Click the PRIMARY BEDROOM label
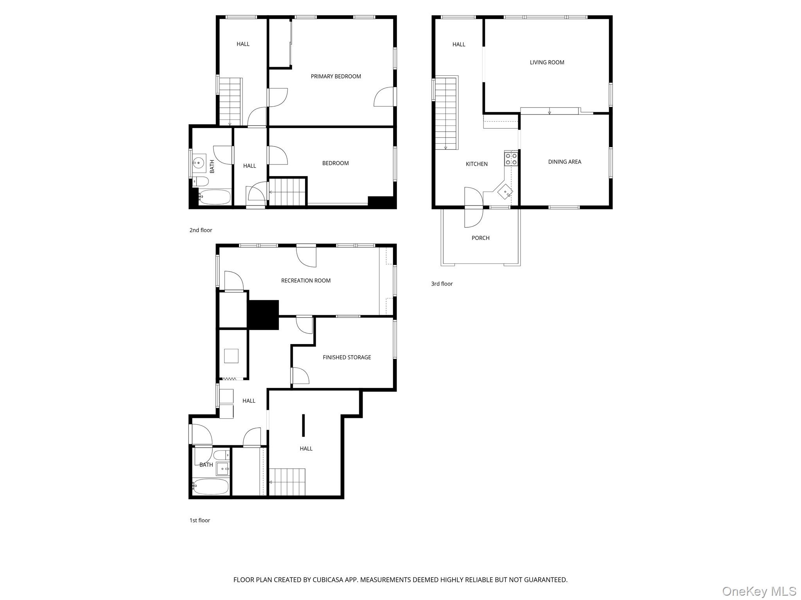tap(336, 77)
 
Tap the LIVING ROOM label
tap(547, 62)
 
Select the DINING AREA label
tap(564, 162)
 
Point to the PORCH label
tap(480, 238)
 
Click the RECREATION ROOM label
tap(305, 280)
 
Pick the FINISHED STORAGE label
tap(347, 357)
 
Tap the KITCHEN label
tap(476, 164)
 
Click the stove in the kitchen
tap(511, 159)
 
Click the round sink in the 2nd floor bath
tap(199, 162)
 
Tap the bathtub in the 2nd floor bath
tap(214, 197)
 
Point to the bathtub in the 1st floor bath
tap(210, 487)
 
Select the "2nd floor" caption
tap(201, 230)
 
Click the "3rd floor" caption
tap(442, 284)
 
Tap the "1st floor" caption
tap(199, 520)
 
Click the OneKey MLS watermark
tap(759, 591)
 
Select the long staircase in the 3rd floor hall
tap(446, 113)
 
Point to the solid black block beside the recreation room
tap(263, 314)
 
